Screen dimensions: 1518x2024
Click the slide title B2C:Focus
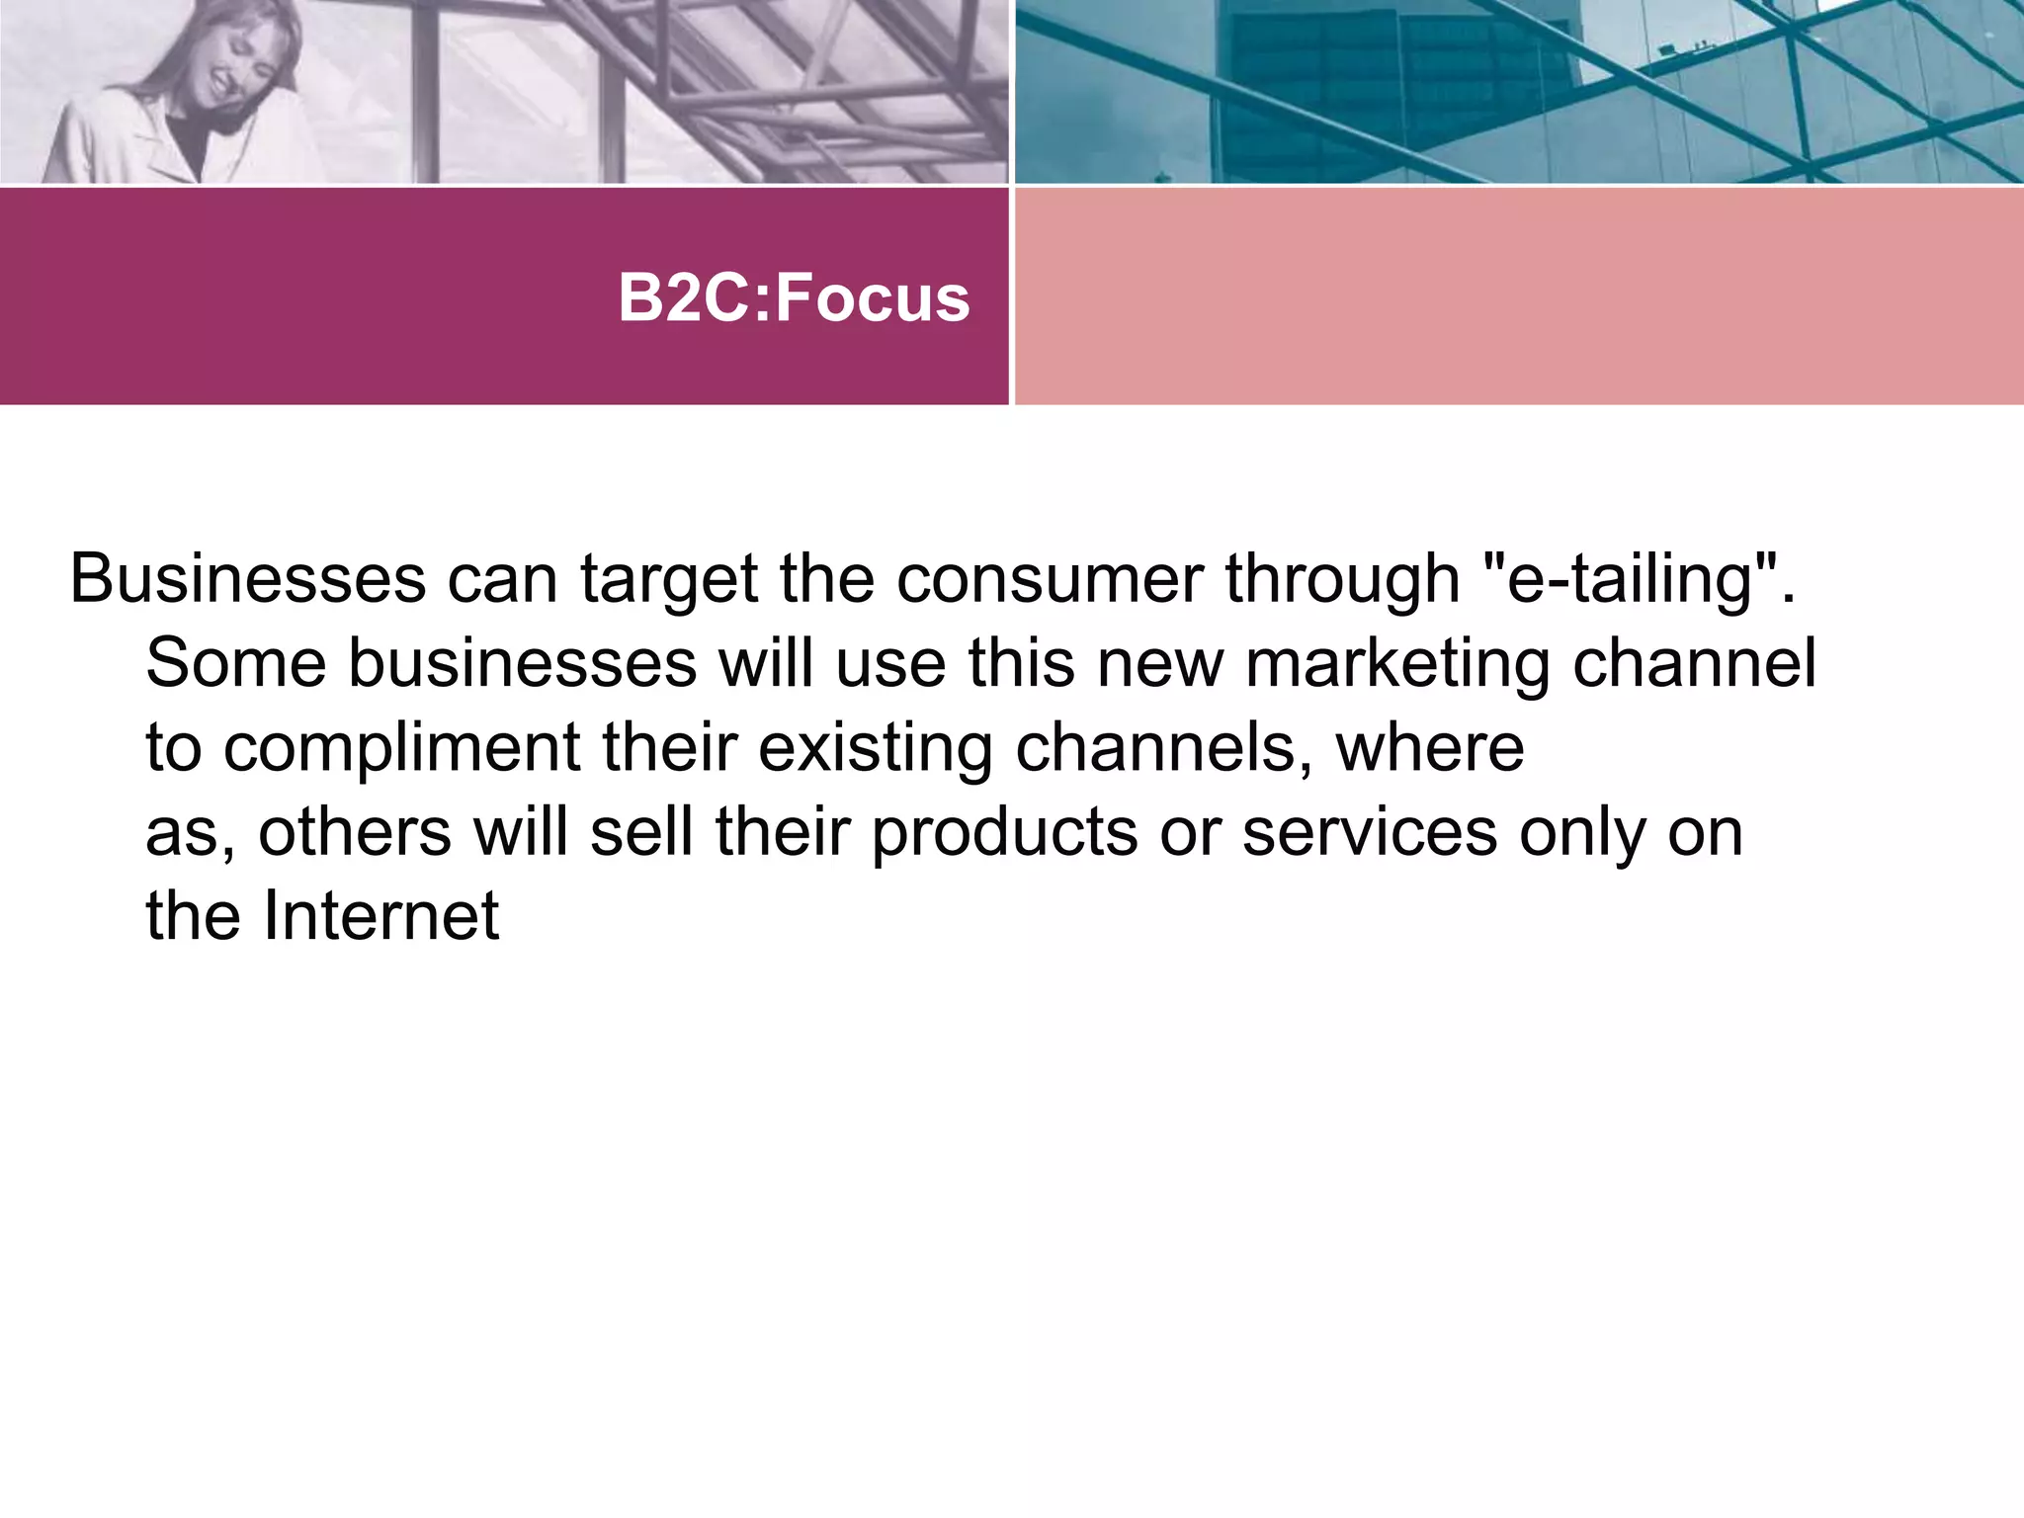(x=794, y=297)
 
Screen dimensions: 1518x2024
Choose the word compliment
(x=401, y=748)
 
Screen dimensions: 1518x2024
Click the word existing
(x=875, y=748)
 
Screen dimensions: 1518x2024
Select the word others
(x=355, y=832)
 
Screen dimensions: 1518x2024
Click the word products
(x=1004, y=832)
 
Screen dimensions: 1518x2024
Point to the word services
(x=1370, y=832)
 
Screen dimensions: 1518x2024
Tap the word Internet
(x=380, y=916)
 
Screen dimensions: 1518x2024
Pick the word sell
(x=641, y=832)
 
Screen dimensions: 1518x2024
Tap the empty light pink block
(x=1519, y=295)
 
